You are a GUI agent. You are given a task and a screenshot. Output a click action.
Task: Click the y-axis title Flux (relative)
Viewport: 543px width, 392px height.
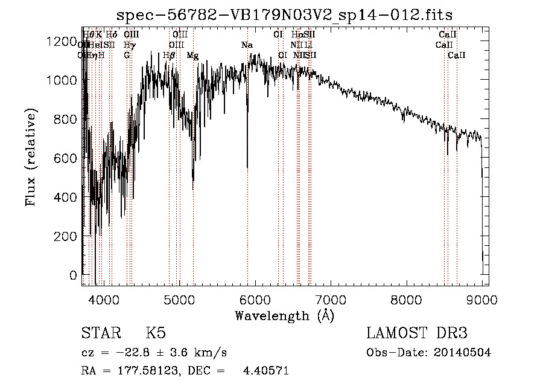point(31,157)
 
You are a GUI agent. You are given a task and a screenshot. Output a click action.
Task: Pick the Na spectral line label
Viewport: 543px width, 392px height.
point(247,45)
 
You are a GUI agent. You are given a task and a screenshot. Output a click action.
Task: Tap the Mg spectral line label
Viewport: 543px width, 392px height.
point(192,56)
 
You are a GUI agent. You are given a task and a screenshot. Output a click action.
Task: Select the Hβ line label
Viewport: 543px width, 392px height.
point(170,56)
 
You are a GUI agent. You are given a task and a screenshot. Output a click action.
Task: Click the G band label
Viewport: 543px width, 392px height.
point(127,56)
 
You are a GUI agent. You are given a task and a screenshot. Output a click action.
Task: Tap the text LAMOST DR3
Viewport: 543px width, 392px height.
point(416,333)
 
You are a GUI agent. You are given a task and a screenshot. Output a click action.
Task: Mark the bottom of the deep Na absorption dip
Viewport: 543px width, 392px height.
point(247,167)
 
